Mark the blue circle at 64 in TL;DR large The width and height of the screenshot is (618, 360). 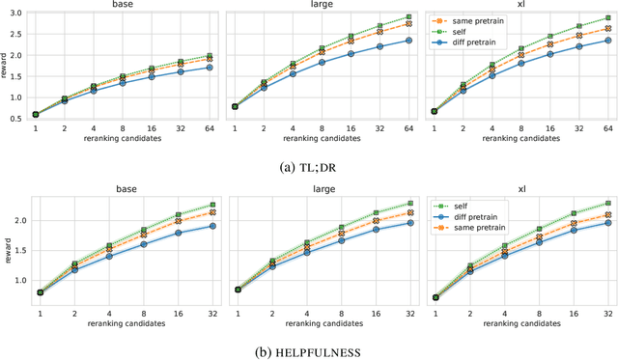pos(408,41)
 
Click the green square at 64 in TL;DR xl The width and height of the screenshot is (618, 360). pos(607,17)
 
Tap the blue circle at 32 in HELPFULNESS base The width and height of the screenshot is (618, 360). pos(212,226)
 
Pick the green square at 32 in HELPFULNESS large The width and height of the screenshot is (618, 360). pos(409,203)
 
